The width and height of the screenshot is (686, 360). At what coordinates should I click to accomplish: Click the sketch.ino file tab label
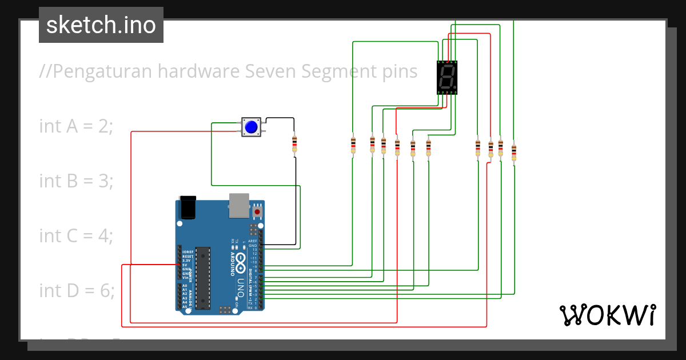101,25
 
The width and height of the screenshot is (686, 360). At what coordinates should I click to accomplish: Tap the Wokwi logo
607,315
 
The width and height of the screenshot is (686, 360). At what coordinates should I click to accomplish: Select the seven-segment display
447,77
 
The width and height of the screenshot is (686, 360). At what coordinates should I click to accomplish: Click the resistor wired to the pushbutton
294,144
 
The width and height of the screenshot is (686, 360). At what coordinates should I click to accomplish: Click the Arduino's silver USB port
240,205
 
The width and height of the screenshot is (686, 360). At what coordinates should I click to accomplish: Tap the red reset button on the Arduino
257,212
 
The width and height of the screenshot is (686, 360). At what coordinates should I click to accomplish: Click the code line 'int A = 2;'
76,126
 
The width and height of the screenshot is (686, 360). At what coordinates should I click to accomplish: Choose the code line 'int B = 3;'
76,181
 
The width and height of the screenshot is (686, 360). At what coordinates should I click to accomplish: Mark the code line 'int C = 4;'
76,235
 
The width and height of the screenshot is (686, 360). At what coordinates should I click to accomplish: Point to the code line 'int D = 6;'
77,290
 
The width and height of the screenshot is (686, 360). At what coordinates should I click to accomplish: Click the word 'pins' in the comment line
398,72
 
